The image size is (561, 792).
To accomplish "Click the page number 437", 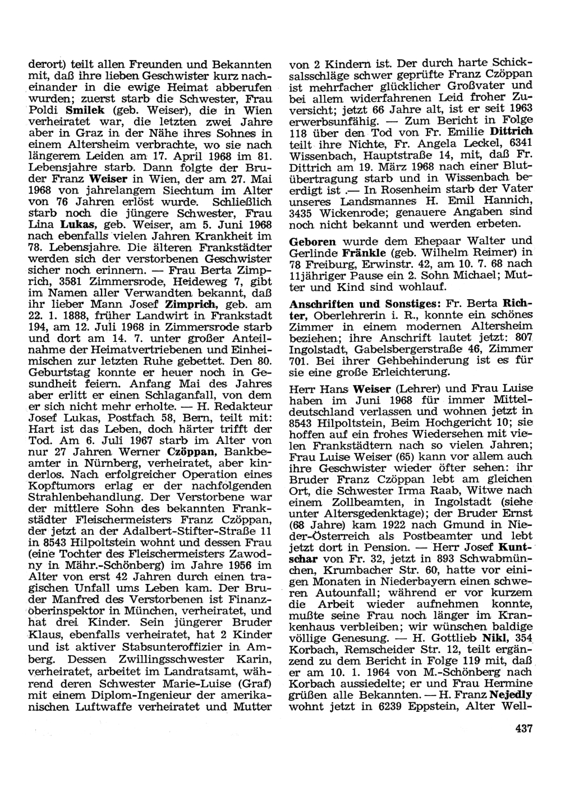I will coord(522,728).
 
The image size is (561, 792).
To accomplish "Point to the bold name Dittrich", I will coord(511,131).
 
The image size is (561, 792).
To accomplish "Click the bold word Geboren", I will coord(312,241).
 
